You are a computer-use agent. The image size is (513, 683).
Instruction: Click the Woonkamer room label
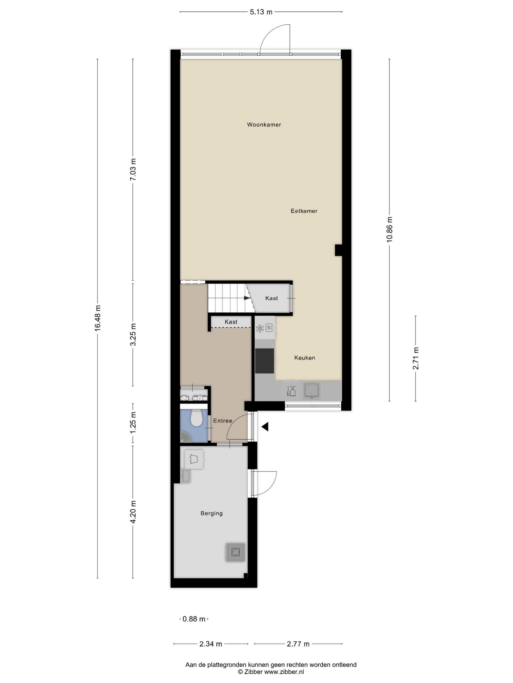264,125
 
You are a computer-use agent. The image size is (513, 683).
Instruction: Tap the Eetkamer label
304,211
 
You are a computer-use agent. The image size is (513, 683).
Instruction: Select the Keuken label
305,358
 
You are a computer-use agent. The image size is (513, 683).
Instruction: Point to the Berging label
211,513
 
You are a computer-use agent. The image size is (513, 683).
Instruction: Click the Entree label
223,421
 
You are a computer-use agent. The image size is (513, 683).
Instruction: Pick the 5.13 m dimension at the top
261,12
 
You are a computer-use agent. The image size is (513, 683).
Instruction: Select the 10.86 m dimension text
389,229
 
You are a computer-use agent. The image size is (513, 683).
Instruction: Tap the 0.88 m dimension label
194,619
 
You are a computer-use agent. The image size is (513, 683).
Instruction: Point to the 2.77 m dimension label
298,644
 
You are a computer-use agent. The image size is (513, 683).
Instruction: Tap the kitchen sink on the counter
312,391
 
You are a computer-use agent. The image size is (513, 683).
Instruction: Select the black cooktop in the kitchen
265,361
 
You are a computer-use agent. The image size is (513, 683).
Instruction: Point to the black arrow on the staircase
247,298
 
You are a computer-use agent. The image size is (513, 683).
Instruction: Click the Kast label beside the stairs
272,298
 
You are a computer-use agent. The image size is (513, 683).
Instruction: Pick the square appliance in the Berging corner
235,552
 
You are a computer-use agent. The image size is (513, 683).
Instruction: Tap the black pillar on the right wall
338,250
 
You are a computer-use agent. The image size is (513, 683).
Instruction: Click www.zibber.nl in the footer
284,672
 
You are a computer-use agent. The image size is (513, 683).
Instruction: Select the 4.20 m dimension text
133,512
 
